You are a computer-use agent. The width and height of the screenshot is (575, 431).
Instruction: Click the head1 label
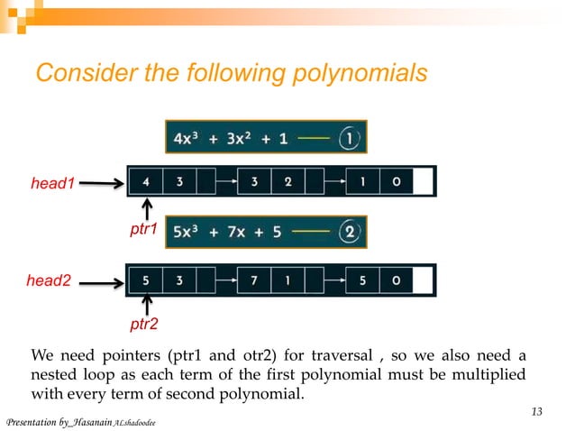(50, 184)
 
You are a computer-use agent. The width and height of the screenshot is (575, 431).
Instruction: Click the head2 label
(48, 281)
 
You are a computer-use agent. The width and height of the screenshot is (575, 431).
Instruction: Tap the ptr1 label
(143, 230)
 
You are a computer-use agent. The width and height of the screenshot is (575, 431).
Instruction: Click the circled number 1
(350, 139)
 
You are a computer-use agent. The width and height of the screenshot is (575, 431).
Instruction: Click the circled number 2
(351, 232)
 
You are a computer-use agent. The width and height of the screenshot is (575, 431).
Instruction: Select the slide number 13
(536, 412)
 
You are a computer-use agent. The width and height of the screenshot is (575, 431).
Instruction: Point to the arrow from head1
(100, 184)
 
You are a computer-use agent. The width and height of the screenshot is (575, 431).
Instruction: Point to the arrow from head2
(102, 282)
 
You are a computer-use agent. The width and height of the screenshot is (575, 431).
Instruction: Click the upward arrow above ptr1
(146, 210)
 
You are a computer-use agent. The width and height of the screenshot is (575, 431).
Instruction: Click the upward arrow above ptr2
(146, 304)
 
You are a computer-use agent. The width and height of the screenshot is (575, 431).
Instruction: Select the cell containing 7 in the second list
(254, 280)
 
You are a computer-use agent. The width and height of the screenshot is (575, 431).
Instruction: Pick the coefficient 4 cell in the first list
(146, 181)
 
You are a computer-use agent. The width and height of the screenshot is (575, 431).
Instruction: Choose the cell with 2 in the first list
(287, 181)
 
